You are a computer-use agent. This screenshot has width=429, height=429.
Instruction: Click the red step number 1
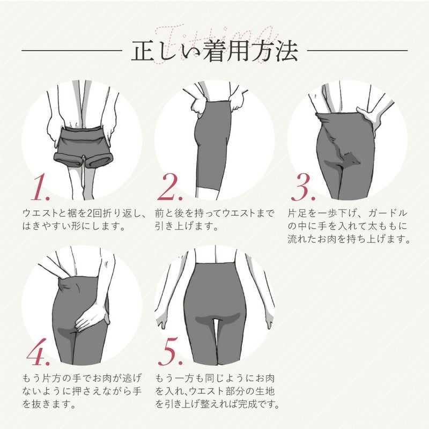pos(40,187)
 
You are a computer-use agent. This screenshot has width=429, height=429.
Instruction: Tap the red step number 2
pos(169,187)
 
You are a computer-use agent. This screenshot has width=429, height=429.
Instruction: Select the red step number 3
pos(303,187)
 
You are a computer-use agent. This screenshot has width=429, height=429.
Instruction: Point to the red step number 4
pos(39,352)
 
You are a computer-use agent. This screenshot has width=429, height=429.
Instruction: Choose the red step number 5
pos(170,352)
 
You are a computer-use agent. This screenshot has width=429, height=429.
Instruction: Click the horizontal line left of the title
pos(72,50)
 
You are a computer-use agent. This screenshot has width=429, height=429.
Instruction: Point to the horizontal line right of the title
pos(357,50)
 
